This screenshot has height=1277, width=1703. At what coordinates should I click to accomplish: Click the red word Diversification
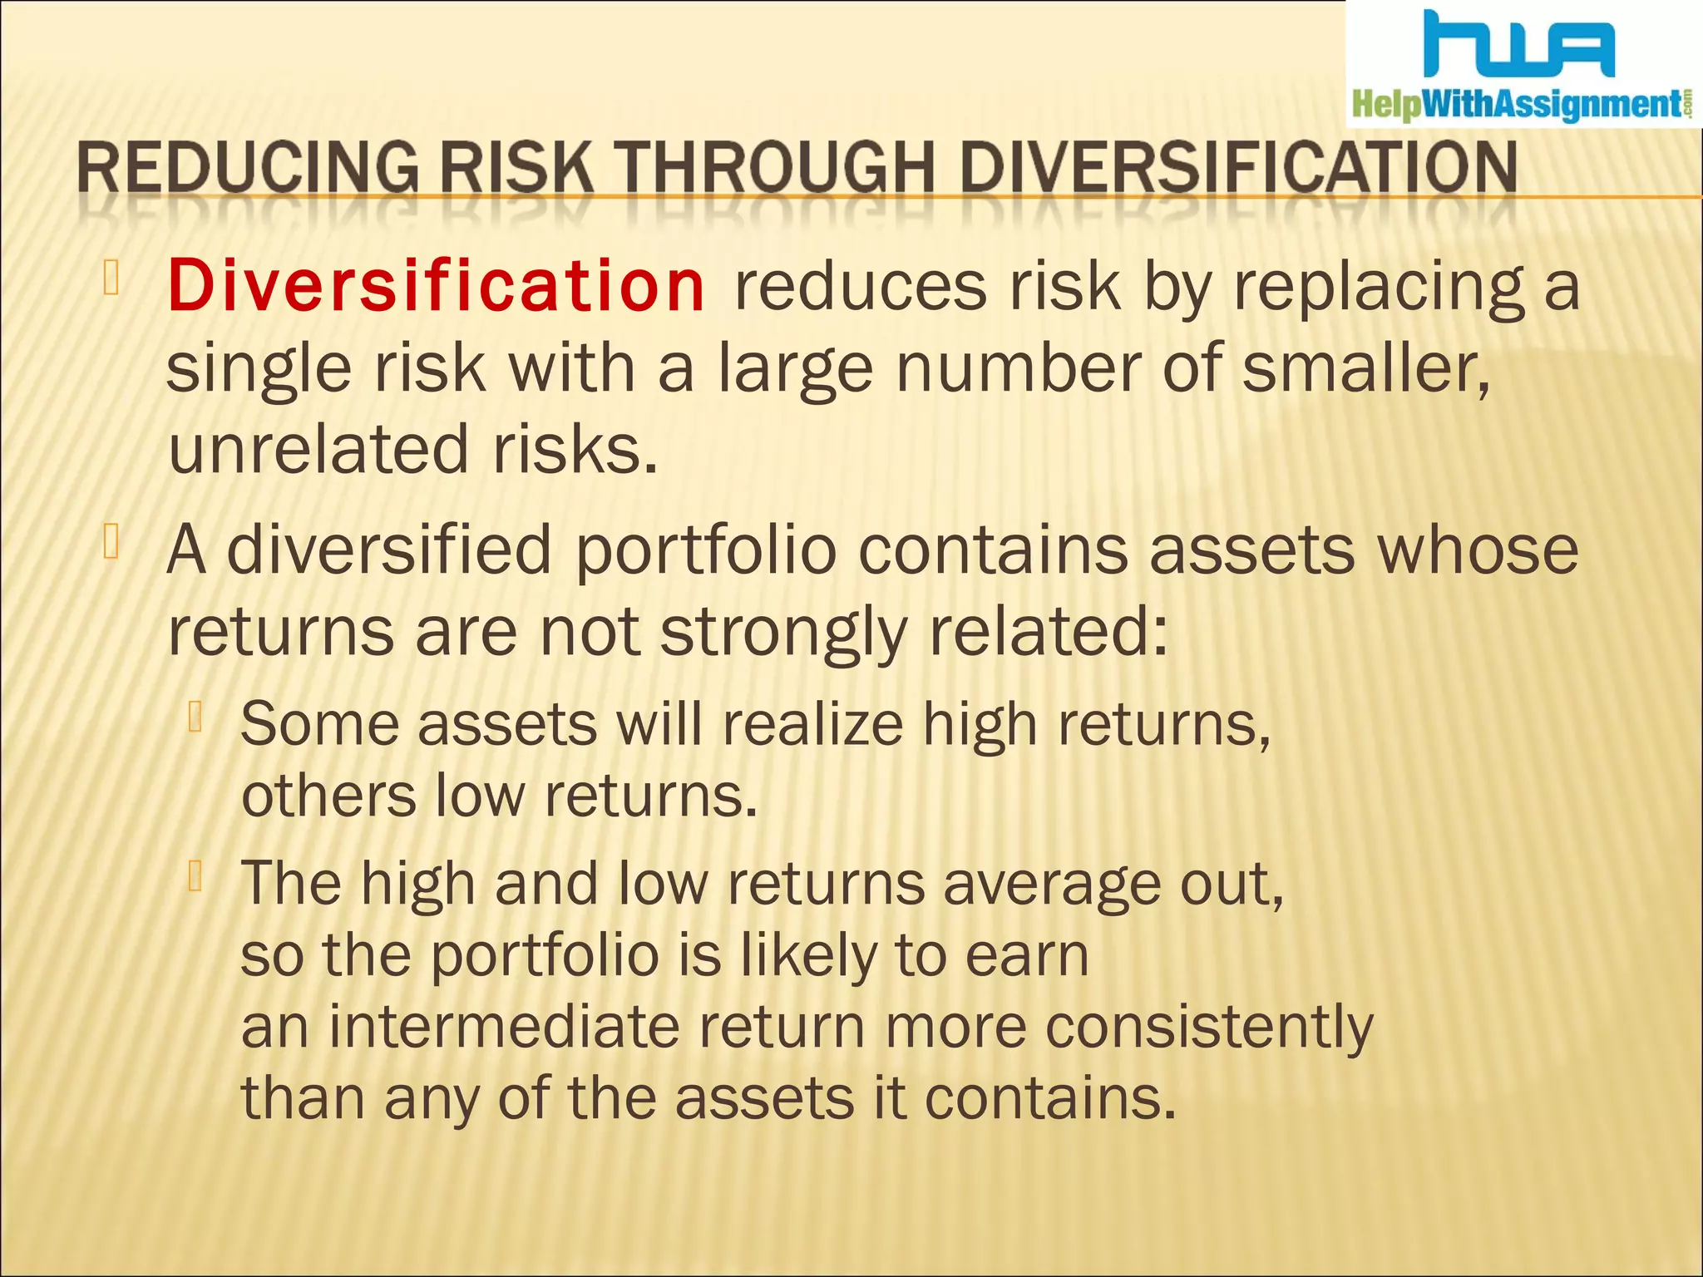[x=436, y=286]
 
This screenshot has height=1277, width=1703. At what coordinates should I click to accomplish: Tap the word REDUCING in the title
[x=248, y=168]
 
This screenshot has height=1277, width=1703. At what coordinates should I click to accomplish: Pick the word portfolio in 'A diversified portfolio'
[x=705, y=550]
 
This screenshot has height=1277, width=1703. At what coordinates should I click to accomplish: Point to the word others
[x=328, y=796]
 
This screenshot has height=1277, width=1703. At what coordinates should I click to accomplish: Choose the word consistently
[x=1209, y=1027]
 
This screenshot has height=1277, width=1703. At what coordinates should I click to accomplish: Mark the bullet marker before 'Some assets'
[x=196, y=717]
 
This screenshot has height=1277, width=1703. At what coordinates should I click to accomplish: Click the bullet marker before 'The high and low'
[x=196, y=875]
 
